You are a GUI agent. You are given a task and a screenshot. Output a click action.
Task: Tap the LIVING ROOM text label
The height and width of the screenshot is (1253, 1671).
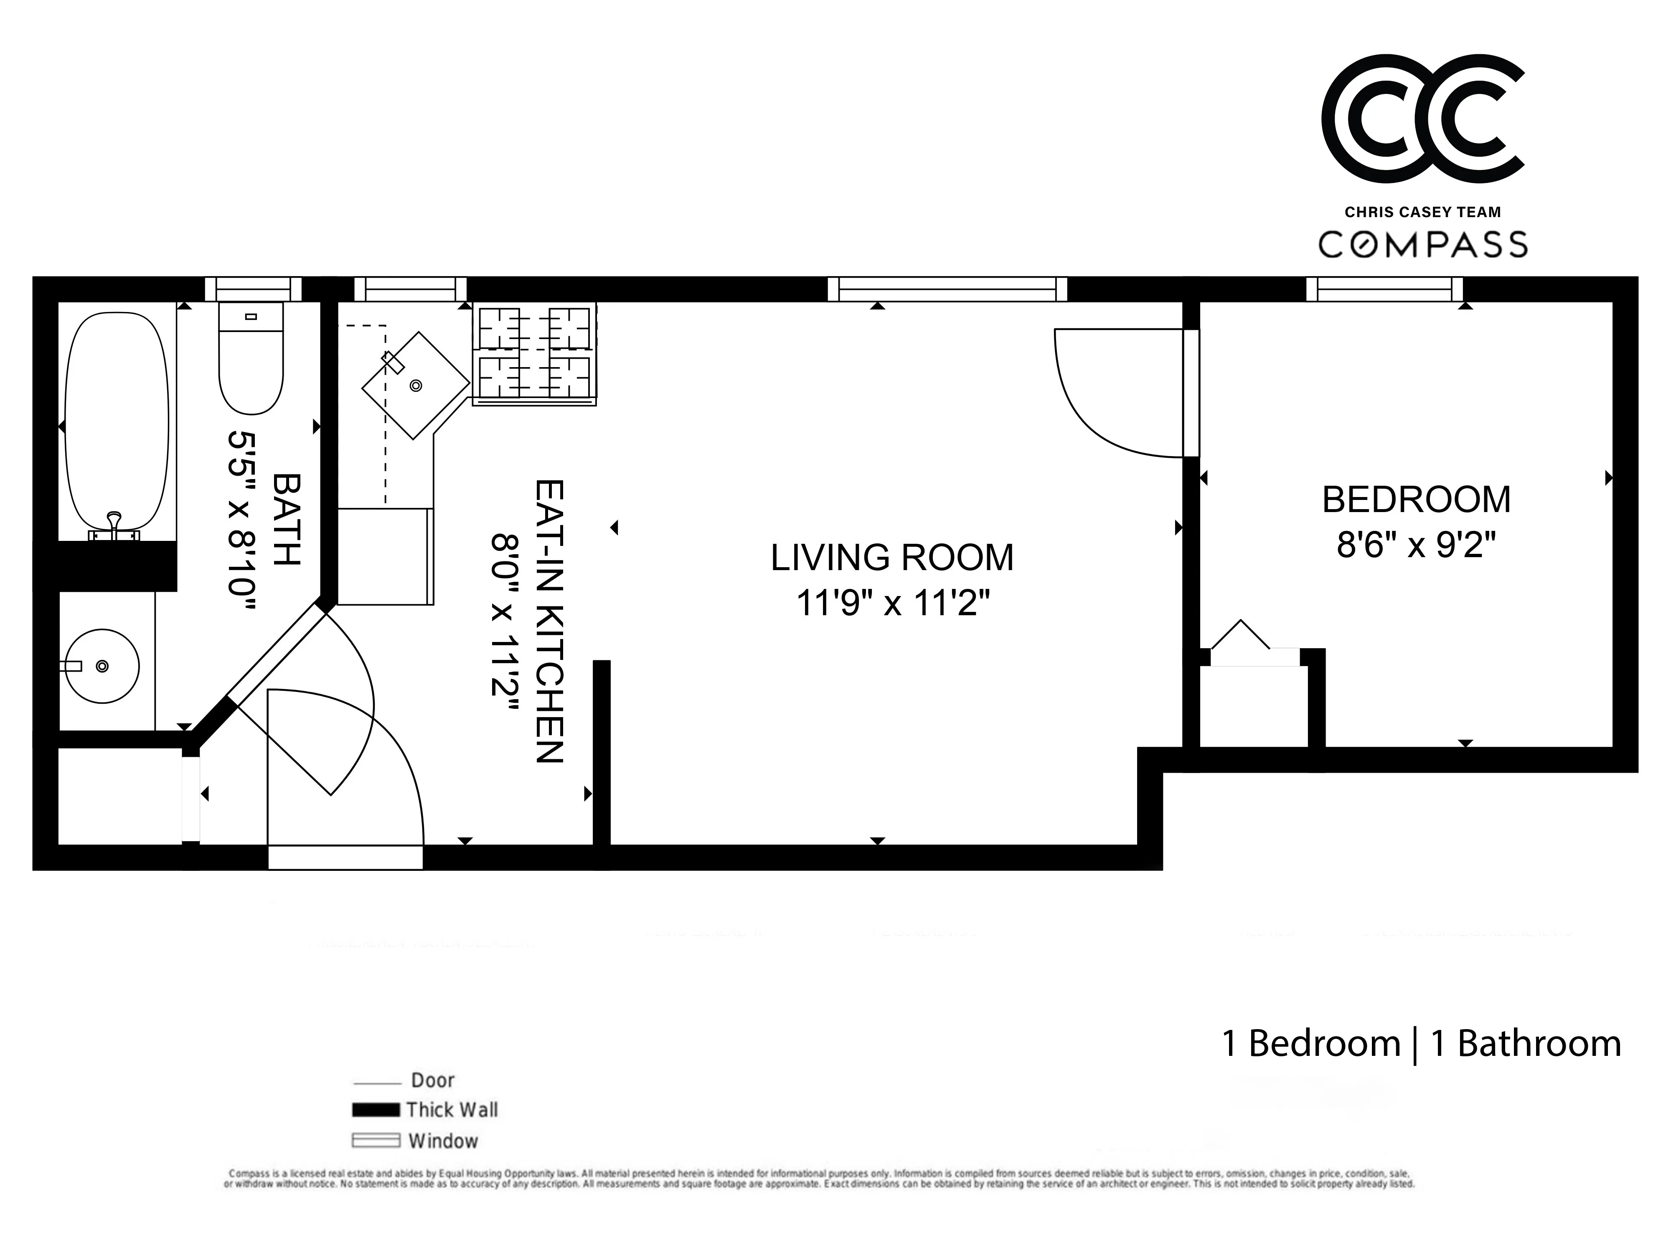[x=891, y=558]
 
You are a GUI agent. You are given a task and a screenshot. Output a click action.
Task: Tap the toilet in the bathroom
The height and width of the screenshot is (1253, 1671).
[x=251, y=359]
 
